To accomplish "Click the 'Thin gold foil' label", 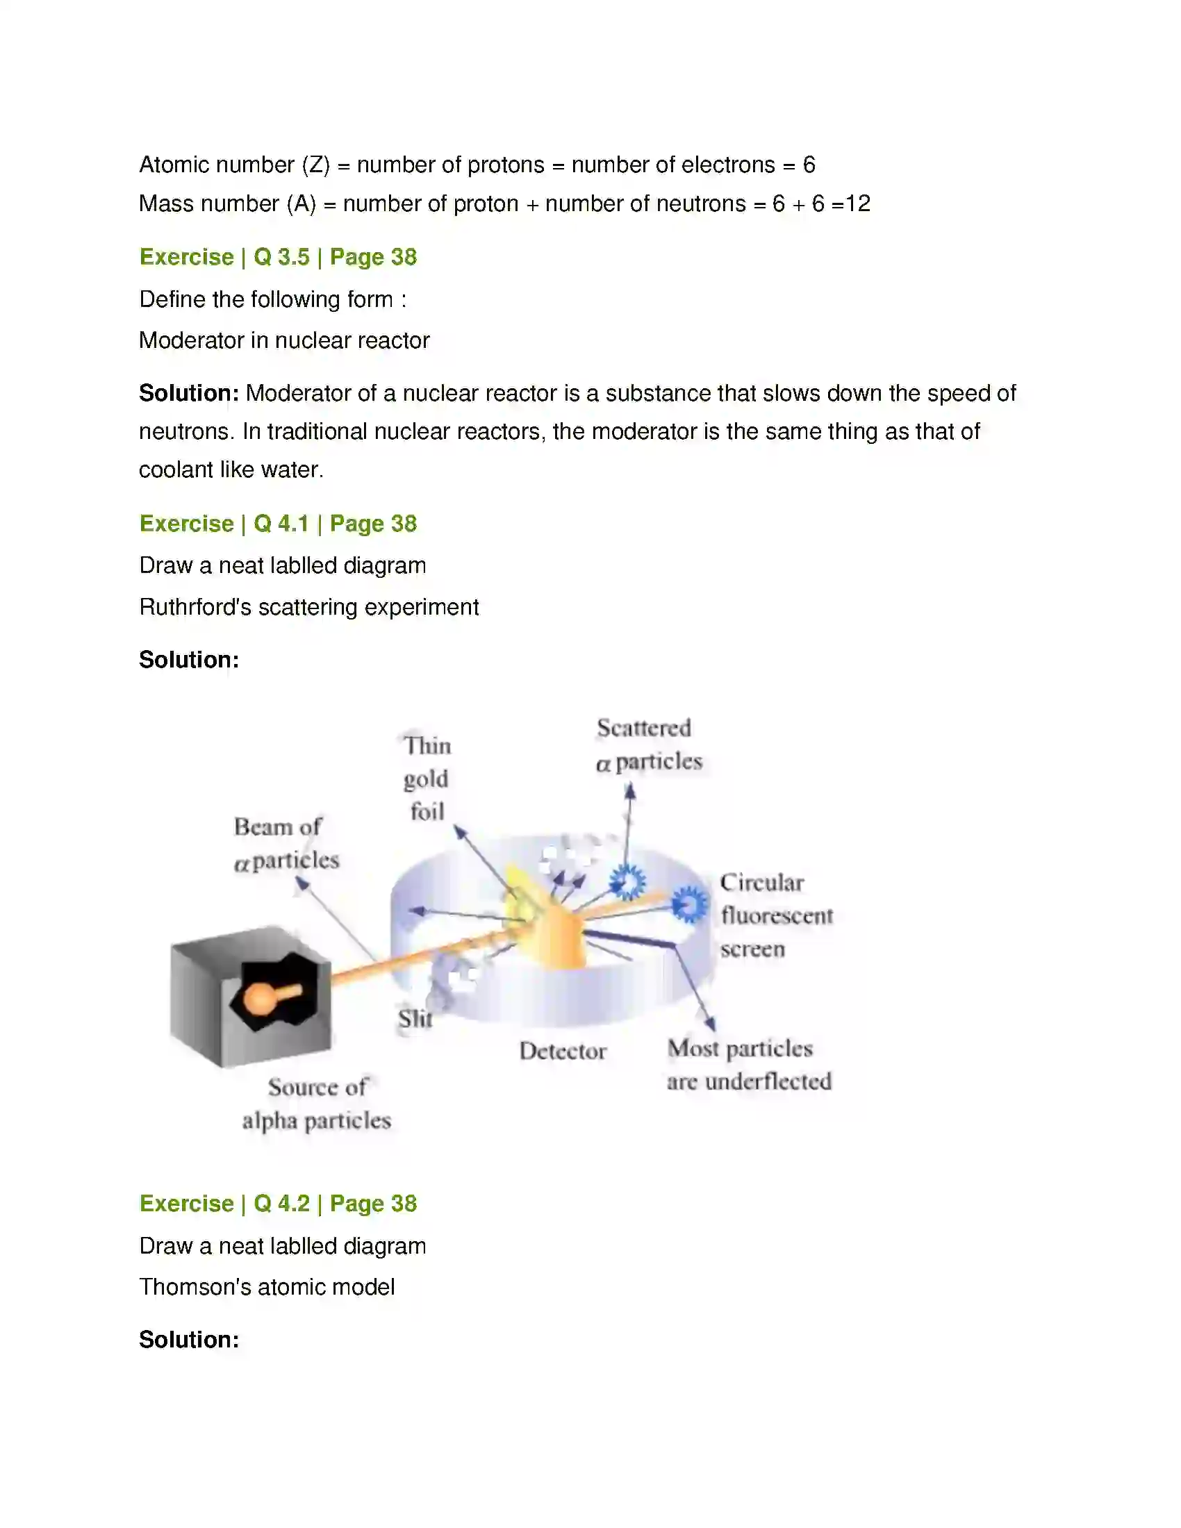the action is pyautogui.click(x=427, y=778).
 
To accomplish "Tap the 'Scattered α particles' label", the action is pyautogui.click(x=649, y=745).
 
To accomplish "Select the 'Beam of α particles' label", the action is pyautogui.click(x=286, y=844).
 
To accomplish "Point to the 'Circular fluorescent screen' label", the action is pyautogui.click(x=777, y=915).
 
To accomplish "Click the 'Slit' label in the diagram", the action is pyautogui.click(x=415, y=1019).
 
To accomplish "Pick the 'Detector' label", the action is pyautogui.click(x=563, y=1051).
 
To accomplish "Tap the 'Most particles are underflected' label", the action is pyautogui.click(x=750, y=1065).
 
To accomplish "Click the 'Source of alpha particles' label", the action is pyautogui.click(x=317, y=1104).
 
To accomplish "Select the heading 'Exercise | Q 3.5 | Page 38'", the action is pyautogui.click(x=279, y=257).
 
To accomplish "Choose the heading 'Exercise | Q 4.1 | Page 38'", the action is pyautogui.click(x=279, y=523).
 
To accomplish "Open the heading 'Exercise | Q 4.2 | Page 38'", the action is pyautogui.click(x=279, y=1204).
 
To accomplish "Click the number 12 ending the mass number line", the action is pyautogui.click(x=859, y=204).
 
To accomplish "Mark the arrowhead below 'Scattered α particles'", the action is pyautogui.click(x=630, y=791).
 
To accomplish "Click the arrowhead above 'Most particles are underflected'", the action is pyautogui.click(x=710, y=1024).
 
